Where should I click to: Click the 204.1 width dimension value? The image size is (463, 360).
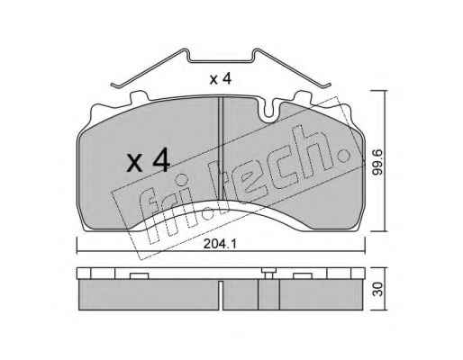(220, 244)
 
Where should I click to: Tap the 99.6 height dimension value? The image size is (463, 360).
(377, 163)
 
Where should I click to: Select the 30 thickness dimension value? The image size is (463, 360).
(379, 289)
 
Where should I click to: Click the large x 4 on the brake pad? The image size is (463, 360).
(148, 162)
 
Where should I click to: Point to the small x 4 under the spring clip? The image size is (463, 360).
(221, 79)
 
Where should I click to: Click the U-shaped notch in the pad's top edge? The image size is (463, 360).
(268, 111)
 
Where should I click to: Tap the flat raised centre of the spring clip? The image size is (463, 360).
(221, 61)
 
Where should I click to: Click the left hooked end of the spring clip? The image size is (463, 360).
(116, 85)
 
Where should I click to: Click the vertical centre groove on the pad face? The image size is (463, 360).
(221, 148)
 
